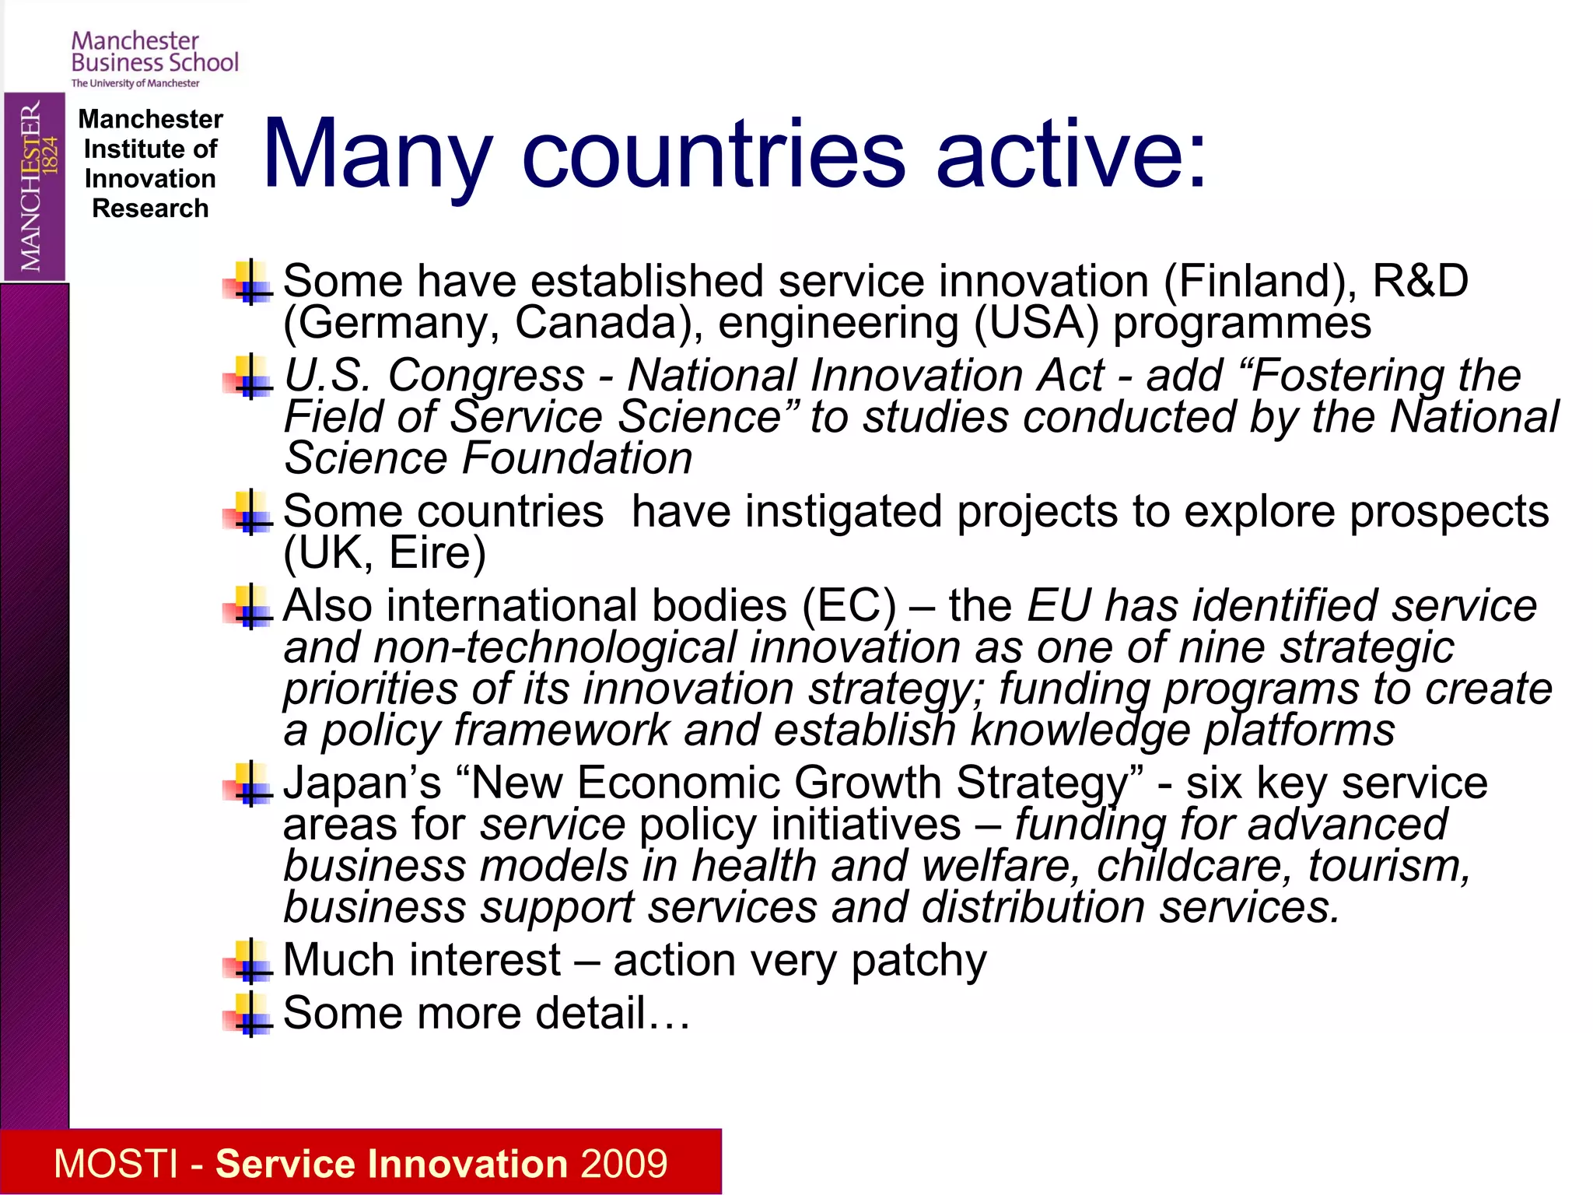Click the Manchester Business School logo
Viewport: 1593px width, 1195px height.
click(x=154, y=59)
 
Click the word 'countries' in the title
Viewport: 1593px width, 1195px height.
click(x=713, y=154)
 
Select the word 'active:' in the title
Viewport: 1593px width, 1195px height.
click(x=1071, y=154)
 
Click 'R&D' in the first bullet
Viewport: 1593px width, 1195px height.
click(x=1420, y=281)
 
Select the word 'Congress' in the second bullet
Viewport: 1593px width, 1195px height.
click(x=486, y=376)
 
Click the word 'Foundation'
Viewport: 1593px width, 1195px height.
click(x=576, y=458)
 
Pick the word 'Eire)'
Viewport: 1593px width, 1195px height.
click(x=437, y=553)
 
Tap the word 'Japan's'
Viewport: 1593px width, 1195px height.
click(x=362, y=783)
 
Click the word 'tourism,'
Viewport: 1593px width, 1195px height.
click(x=1389, y=866)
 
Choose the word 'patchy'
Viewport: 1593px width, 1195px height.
click(x=919, y=961)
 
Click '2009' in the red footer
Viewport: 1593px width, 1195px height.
click(x=624, y=1164)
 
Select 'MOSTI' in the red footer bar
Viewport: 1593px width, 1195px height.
click(x=117, y=1164)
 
